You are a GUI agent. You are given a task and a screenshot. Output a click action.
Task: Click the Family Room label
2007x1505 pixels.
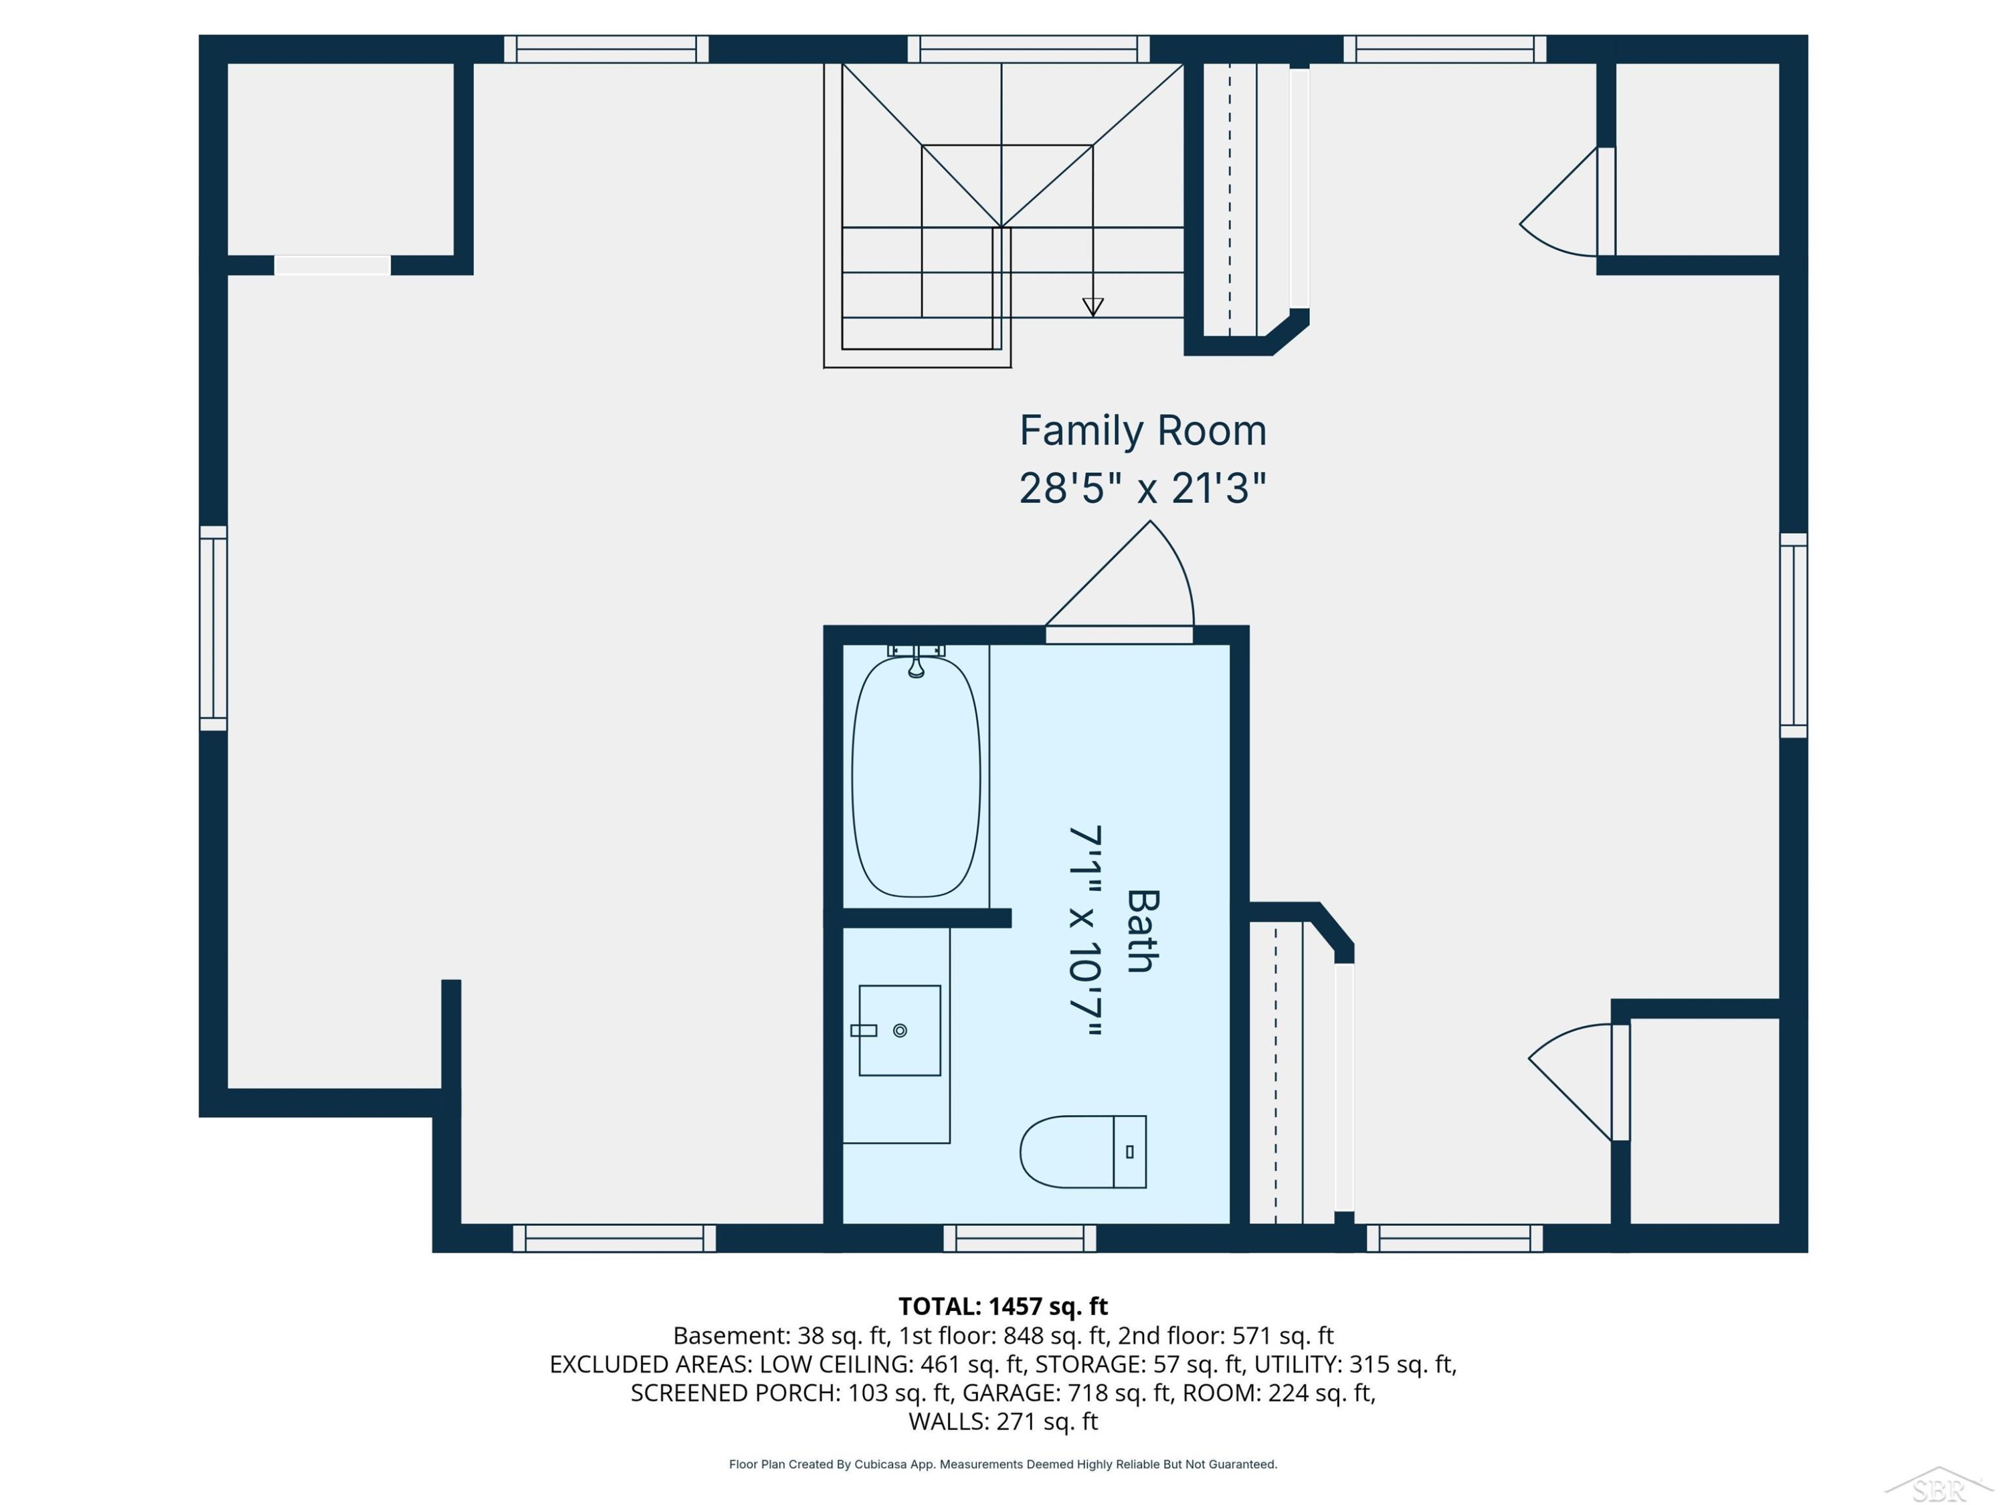click(1143, 431)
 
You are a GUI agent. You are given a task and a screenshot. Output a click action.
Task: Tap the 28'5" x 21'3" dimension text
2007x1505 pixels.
click(1143, 488)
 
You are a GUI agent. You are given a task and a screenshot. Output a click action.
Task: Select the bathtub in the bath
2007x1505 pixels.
click(917, 777)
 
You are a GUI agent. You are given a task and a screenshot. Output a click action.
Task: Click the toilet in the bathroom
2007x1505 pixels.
click(1082, 1151)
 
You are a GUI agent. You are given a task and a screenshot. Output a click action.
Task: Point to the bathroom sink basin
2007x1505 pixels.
click(899, 1031)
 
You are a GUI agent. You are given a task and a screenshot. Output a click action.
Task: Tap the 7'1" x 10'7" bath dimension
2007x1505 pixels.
click(1085, 931)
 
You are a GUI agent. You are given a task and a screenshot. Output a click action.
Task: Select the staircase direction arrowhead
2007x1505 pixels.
click(1092, 308)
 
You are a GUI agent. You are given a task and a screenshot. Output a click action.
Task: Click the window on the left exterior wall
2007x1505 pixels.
click(213, 628)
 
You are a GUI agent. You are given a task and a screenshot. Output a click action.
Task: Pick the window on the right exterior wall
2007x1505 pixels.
click(1793, 635)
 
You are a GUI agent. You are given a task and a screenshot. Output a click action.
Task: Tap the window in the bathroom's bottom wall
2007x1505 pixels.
click(1020, 1238)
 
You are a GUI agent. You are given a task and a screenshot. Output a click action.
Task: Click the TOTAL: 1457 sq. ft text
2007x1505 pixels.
click(1003, 1306)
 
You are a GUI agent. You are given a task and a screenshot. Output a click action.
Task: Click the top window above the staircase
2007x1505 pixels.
click(1029, 49)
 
